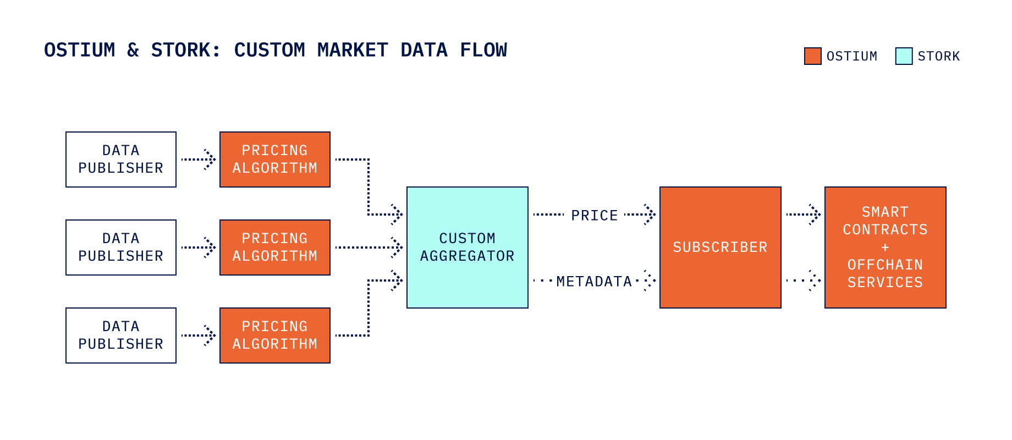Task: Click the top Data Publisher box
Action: click(121, 159)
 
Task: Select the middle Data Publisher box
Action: click(121, 248)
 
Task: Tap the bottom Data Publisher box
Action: click(121, 335)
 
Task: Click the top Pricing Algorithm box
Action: click(275, 159)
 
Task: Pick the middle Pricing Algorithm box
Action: click(275, 248)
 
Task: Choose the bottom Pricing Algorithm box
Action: click(275, 335)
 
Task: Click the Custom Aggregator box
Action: click(468, 248)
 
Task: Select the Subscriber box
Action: click(721, 248)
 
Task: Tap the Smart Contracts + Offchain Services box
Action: click(886, 248)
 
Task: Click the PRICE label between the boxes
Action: click(595, 216)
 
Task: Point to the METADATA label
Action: click(594, 282)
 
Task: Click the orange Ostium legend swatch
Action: click(812, 56)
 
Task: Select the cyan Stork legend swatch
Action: click(904, 56)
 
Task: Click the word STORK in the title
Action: click(185, 50)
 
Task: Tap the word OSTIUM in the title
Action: click(80, 50)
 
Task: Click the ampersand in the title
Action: click(133, 50)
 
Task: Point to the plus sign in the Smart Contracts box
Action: click(885, 248)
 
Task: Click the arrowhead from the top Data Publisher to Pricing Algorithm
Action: click(210, 159)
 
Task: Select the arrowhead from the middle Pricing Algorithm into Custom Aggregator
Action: click(397, 248)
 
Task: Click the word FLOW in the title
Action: click(483, 50)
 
